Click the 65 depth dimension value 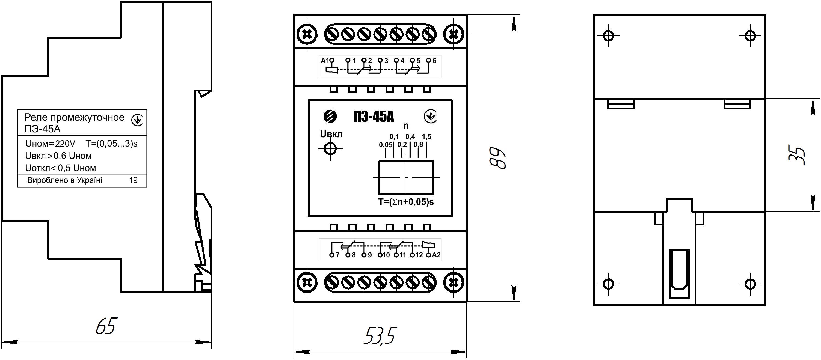[x=106, y=326]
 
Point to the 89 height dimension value [x=498, y=158]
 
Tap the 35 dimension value [x=797, y=155]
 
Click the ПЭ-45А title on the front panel [x=374, y=117]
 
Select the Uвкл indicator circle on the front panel [x=330, y=148]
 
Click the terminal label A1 [x=324, y=61]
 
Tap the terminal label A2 [x=436, y=255]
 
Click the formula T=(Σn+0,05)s [x=406, y=202]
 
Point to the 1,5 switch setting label [x=426, y=137]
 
